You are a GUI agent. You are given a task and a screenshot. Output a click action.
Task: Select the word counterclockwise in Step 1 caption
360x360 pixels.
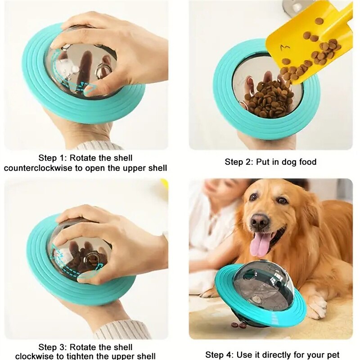tap(38, 168)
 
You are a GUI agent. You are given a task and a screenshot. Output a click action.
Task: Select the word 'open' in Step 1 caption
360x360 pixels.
tap(95, 168)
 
